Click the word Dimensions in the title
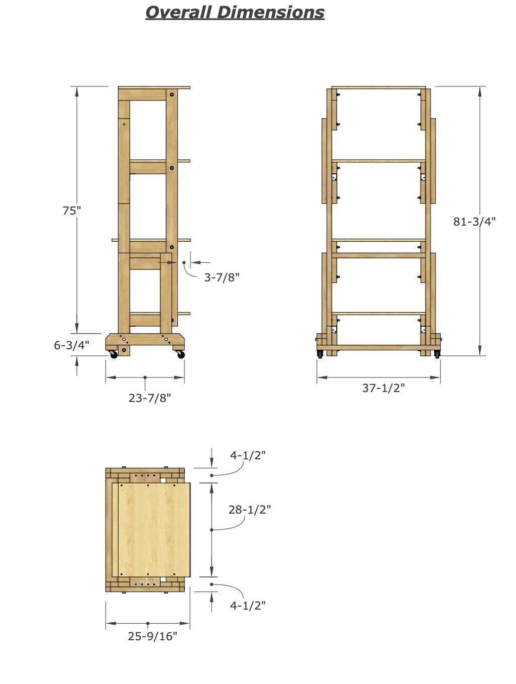click(271, 12)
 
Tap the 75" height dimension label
click(71, 211)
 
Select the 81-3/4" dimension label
click(474, 221)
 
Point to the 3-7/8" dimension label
click(222, 277)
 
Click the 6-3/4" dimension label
click(72, 345)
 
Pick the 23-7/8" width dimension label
click(150, 398)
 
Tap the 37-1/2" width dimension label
click(384, 388)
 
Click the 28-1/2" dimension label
click(250, 510)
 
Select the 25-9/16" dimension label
click(153, 636)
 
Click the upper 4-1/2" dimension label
click(248, 455)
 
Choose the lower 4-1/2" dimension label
click(248, 605)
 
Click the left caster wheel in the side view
click(114, 355)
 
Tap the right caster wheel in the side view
click(181, 355)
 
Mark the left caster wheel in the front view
click(320, 354)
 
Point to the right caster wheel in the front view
click(437, 354)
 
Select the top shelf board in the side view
click(154, 87)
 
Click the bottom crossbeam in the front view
click(378, 348)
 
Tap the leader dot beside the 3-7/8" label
click(184, 262)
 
